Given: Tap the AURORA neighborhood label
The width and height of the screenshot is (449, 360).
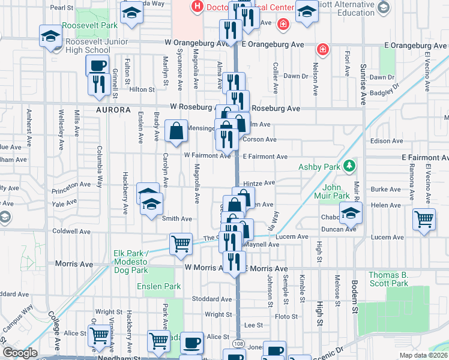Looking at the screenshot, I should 113,110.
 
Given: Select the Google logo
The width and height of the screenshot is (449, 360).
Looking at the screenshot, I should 20,353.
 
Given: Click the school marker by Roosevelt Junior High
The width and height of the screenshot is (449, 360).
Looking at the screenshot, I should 50,35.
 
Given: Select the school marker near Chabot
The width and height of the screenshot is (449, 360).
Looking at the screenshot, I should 351,212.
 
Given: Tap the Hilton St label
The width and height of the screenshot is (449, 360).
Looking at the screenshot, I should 142,89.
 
